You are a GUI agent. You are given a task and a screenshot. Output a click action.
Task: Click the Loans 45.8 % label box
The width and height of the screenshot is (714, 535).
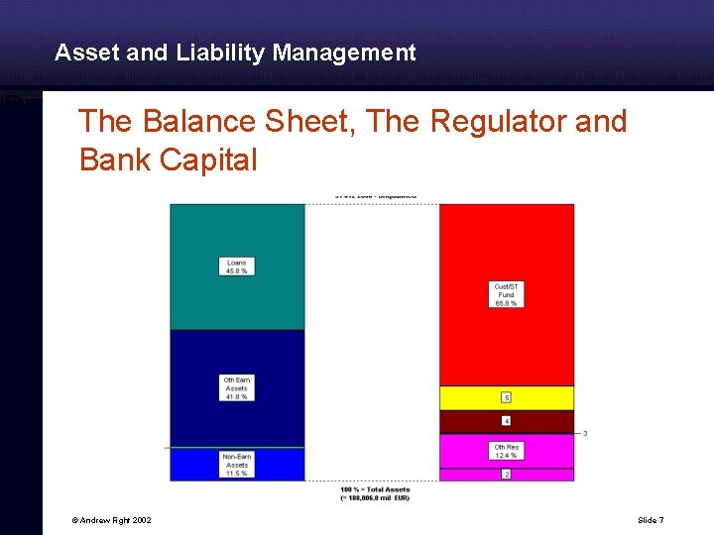pos(237,267)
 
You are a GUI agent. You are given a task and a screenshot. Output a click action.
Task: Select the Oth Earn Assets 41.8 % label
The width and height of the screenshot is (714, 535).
pos(236,387)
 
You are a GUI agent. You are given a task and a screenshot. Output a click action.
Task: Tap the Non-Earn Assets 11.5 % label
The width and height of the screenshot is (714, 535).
pos(237,465)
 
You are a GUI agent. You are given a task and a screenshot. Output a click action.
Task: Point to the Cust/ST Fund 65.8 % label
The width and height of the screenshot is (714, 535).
pos(507,294)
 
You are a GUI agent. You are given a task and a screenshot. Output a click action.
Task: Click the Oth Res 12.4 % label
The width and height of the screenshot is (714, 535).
pos(507,451)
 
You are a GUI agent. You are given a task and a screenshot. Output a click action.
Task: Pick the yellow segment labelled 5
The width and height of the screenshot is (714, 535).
pos(507,397)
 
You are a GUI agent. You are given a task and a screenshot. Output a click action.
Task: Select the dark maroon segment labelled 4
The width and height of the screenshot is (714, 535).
pos(507,421)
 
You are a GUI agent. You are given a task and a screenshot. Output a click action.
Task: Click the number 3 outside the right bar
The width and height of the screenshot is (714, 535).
pos(585,433)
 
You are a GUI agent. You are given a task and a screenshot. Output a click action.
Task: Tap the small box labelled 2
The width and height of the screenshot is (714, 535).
pos(507,475)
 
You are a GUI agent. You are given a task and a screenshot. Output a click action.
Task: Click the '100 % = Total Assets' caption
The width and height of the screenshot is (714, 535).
pos(375,489)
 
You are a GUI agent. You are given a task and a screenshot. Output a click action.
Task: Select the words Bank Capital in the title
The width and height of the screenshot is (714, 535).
pos(169,160)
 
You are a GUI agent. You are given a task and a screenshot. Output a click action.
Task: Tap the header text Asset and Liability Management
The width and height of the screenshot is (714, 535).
pos(235,53)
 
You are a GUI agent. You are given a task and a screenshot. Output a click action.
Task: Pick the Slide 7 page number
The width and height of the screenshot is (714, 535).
pos(651,520)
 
